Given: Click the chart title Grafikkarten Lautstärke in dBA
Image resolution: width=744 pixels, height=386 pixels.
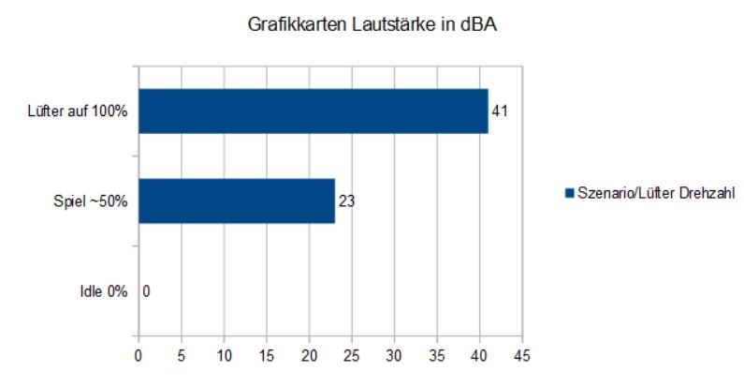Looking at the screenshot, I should click(372, 27).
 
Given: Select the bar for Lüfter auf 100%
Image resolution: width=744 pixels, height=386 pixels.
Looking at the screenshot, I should click(313, 111).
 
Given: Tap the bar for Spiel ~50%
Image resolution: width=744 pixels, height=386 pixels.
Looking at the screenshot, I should click(236, 201).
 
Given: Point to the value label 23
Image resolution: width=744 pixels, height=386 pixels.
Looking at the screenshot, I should click(345, 201).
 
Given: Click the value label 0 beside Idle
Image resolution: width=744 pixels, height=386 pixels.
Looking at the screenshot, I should click(146, 291).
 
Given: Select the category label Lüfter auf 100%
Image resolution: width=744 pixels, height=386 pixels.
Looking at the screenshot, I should click(78, 111).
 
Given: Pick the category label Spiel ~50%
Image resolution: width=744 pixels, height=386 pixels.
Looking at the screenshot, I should click(89, 201).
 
